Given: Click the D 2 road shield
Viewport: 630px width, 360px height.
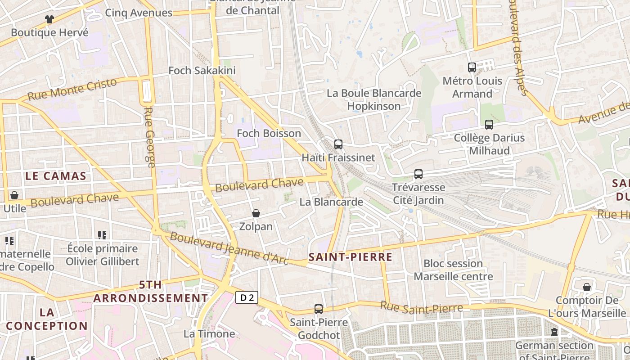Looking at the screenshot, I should tap(247, 297).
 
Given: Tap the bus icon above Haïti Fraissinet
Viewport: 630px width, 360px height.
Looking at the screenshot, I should tap(338, 144).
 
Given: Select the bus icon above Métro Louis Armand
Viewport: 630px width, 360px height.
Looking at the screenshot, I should tap(472, 67).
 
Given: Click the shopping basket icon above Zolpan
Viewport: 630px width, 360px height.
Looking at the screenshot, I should tap(256, 213).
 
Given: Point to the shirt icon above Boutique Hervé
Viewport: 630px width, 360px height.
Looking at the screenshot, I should tap(49, 19).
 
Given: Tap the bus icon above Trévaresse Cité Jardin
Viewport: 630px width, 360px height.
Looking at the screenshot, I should tap(418, 174).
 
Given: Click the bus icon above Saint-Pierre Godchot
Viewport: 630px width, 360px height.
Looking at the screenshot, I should tap(319, 309).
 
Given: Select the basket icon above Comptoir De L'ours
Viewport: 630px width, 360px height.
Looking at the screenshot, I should tap(587, 287).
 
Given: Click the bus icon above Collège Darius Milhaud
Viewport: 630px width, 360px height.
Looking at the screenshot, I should tap(489, 125).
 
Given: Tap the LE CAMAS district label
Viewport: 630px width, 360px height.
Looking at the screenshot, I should tap(56, 176).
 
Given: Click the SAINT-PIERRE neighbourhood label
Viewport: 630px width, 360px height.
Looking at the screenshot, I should tap(351, 257).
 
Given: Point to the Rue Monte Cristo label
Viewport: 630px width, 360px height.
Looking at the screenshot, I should tap(72, 89).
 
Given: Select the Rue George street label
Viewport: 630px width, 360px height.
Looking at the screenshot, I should tap(150, 137).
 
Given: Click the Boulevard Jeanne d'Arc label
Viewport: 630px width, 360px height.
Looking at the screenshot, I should tap(229, 248).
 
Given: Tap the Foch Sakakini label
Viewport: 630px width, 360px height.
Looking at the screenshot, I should tap(202, 71).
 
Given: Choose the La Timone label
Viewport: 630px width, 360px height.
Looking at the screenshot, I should tap(209, 334).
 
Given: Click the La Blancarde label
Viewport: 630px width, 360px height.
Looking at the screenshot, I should tap(331, 202).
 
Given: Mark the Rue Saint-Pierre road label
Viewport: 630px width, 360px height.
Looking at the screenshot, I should tap(422, 308).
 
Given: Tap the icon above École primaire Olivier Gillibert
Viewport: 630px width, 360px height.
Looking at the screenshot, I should tap(102, 235).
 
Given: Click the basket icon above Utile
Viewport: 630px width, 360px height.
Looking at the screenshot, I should tap(14, 195).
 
